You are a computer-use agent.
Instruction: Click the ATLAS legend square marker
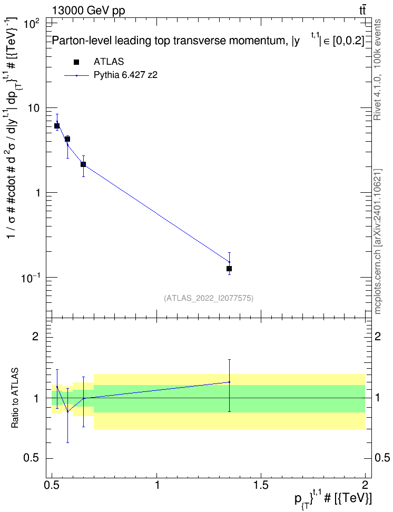point(76,62)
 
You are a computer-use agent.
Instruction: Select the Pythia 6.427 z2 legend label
point(126,75)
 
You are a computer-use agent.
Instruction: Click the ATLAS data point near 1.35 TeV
point(229,269)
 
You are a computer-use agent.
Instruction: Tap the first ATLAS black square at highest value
point(57,126)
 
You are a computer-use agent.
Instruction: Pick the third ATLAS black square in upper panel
point(83,164)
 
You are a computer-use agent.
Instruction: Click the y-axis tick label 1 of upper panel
point(37,193)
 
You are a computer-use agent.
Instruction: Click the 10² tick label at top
point(32,23)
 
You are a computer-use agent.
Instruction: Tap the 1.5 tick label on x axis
point(261,485)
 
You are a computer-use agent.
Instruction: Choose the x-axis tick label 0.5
point(53,485)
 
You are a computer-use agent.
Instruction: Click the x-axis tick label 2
point(365,485)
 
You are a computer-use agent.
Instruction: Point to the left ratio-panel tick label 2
point(35,336)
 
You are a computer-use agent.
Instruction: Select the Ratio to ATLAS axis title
point(15,398)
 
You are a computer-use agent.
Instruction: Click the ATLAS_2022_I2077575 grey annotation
point(209,298)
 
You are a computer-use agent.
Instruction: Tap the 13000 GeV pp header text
point(89,11)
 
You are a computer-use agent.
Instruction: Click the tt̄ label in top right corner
point(362,10)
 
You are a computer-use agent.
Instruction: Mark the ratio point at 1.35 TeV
point(229,382)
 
